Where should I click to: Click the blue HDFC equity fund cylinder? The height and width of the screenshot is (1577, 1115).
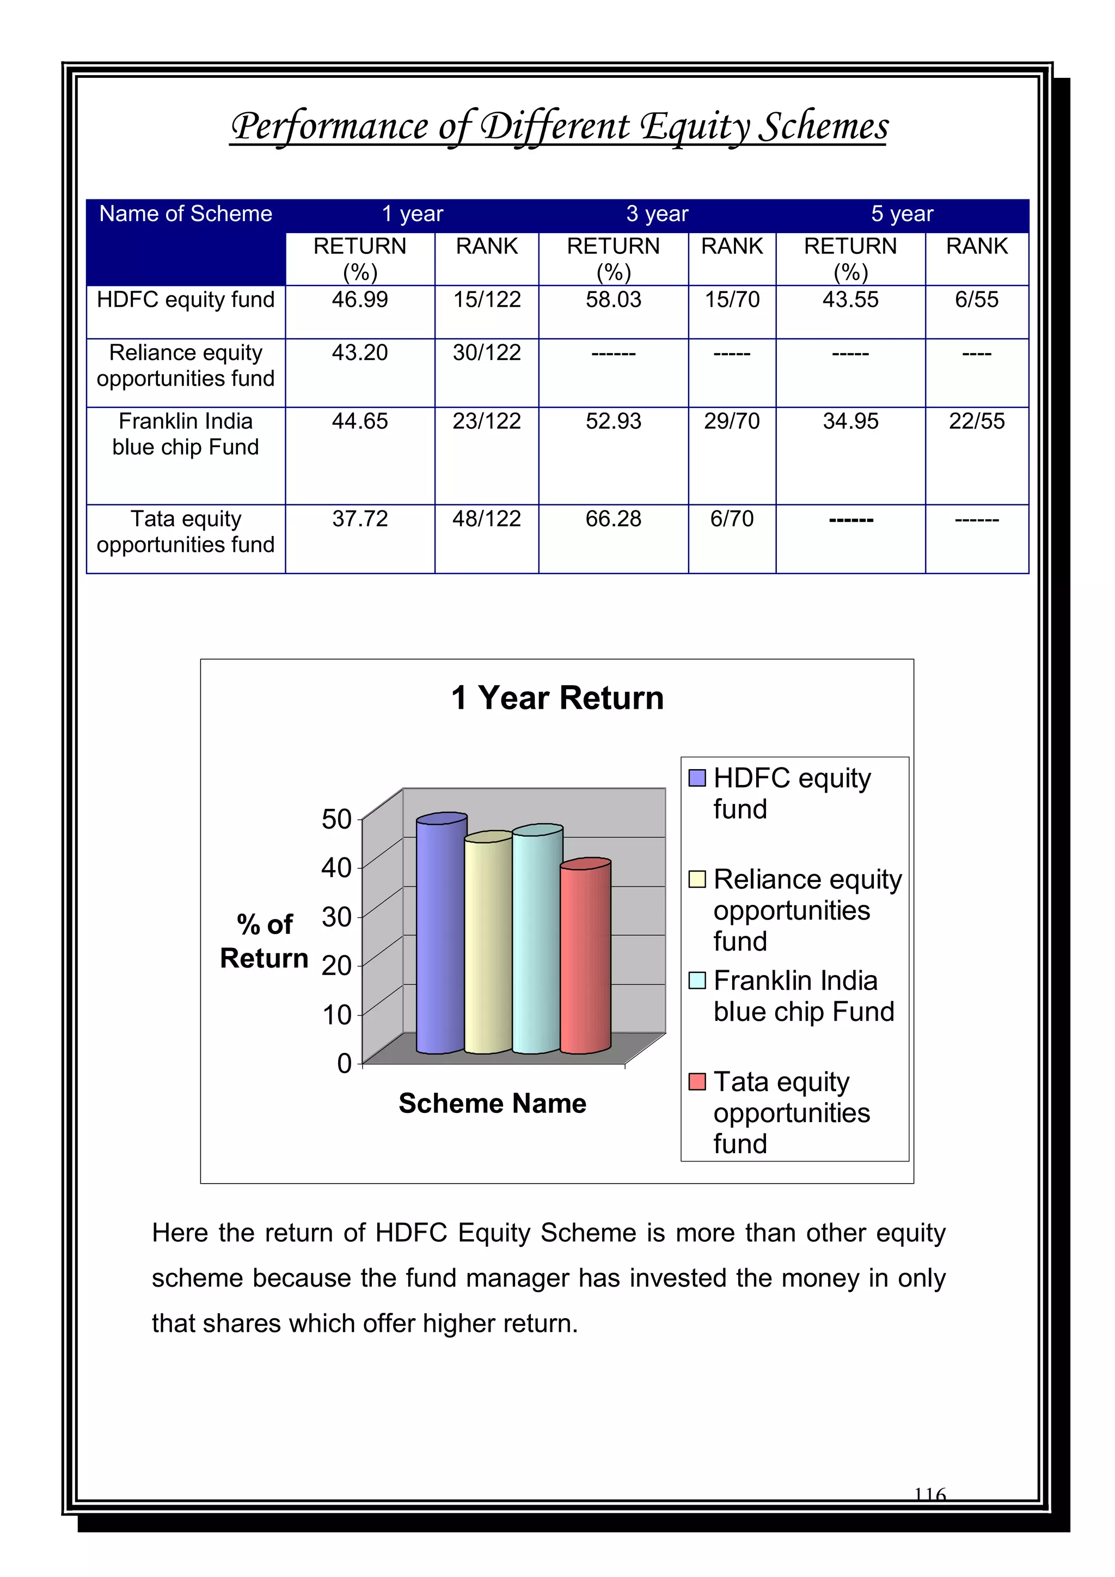pyautogui.click(x=441, y=934)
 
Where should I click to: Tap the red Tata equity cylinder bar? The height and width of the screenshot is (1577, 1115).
pyautogui.click(x=585, y=958)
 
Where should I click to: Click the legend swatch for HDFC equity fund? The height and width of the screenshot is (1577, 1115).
pyautogui.click(x=697, y=777)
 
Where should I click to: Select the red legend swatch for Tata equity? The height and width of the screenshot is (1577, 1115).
pyautogui.click(x=697, y=1081)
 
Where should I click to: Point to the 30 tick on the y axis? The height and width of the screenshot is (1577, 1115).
pyautogui.click(x=336, y=917)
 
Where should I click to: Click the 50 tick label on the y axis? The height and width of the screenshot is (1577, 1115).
pyautogui.click(x=336, y=819)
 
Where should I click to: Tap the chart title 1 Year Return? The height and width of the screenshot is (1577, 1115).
pyautogui.click(x=557, y=698)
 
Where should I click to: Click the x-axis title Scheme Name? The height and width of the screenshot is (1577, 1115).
pyautogui.click(x=492, y=1103)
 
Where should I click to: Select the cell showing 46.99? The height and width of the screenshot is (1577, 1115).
pyautogui.click(x=360, y=300)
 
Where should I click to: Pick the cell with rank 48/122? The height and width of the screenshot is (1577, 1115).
pyautogui.click(x=486, y=519)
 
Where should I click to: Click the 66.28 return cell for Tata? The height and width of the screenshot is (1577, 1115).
pyautogui.click(x=613, y=519)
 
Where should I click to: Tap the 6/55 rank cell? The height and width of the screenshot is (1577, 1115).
pyautogui.click(x=976, y=300)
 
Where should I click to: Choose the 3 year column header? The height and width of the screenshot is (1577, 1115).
pyautogui.click(x=657, y=214)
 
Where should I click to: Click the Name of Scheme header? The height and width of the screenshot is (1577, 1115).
pyautogui.click(x=185, y=214)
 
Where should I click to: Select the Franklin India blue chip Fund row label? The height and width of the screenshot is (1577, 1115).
pyautogui.click(x=185, y=434)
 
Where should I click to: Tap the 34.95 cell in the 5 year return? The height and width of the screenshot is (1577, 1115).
pyautogui.click(x=850, y=421)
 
